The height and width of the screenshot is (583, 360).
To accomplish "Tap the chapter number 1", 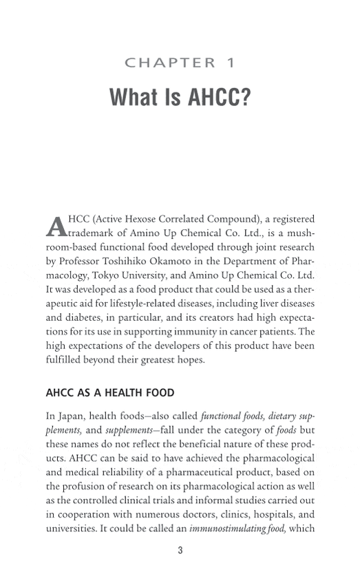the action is pyautogui.click(x=231, y=63).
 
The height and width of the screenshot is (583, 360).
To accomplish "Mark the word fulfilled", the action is pyautogui.click(x=65, y=360).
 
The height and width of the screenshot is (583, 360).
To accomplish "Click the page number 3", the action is pyautogui.click(x=180, y=550).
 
